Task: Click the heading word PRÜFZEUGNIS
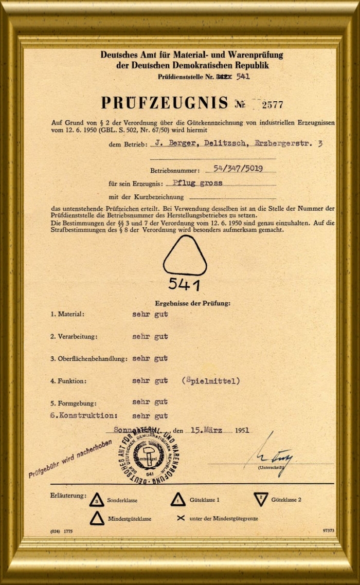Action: coord(164,103)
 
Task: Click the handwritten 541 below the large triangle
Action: coord(185,284)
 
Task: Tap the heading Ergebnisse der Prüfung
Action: coord(193,303)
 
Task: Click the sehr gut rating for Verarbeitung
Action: coord(150,337)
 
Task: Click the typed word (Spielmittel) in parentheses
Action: coord(211,381)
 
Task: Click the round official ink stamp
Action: coord(150,454)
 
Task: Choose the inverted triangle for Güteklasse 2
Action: coord(261,499)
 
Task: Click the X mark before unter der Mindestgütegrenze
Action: coord(181,518)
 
